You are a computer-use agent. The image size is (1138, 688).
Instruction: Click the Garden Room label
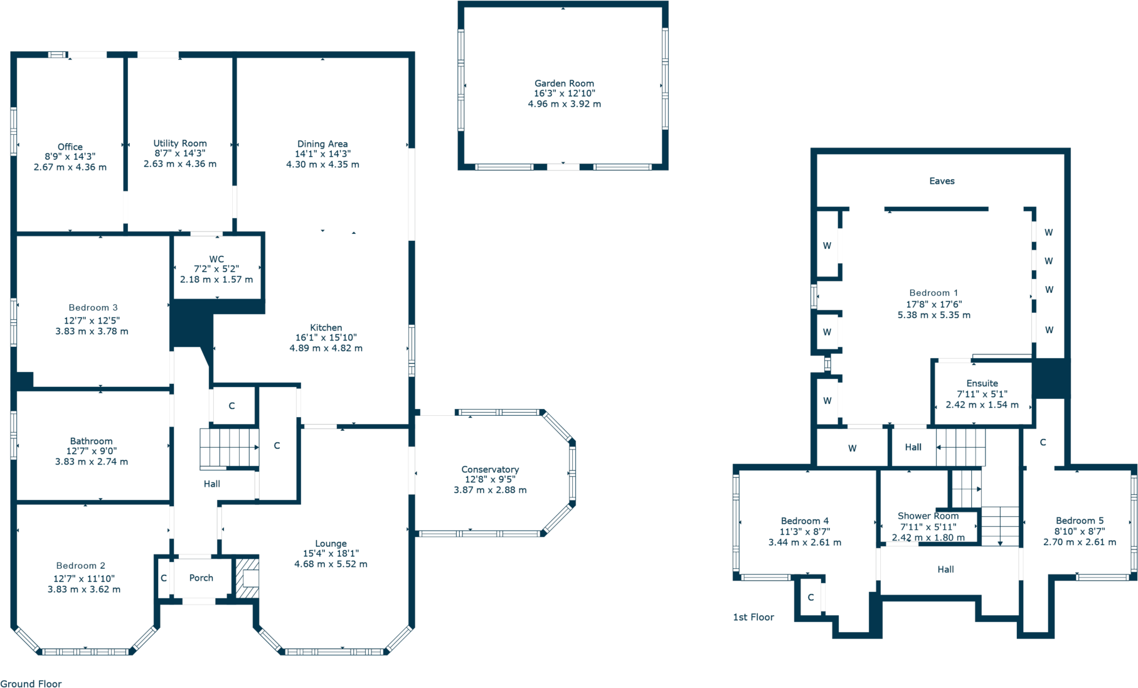point(564,83)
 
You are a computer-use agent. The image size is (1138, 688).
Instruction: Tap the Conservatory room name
point(490,469)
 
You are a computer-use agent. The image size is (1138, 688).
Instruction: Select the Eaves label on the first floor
point(942,181)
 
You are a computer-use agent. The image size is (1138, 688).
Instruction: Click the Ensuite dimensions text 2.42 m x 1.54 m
point(982,405)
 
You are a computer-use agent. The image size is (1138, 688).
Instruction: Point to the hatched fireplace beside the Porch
point(247,578)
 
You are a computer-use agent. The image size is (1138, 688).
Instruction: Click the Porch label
point(201,578)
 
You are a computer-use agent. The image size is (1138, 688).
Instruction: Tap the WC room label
point(216,259)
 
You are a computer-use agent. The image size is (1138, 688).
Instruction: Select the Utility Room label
point(180,143)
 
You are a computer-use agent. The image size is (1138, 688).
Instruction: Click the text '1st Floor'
point(753,617)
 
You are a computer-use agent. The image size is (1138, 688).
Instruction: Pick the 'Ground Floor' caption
point(31,684)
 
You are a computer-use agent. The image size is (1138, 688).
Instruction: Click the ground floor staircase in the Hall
point(229,447)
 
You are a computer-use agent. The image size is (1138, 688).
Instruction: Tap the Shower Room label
point(928,516)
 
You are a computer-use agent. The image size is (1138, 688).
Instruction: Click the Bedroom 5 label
point(1079,521)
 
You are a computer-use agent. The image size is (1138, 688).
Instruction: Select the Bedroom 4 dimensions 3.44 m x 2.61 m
point(804,542)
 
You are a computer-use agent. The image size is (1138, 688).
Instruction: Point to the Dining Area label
point(322,144)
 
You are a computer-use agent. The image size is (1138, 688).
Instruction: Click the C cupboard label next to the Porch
point(164,578)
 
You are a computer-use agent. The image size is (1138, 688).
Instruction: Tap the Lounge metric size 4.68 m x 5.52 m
point(331,564)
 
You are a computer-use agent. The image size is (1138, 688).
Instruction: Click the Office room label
point(70,147)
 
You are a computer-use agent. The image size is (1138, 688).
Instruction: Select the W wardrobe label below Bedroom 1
point(852,448)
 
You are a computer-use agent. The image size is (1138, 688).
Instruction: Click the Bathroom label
point(92,441)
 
